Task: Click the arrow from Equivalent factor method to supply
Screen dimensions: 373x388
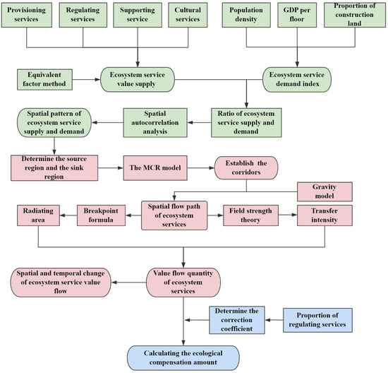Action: (x=92, y=80)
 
